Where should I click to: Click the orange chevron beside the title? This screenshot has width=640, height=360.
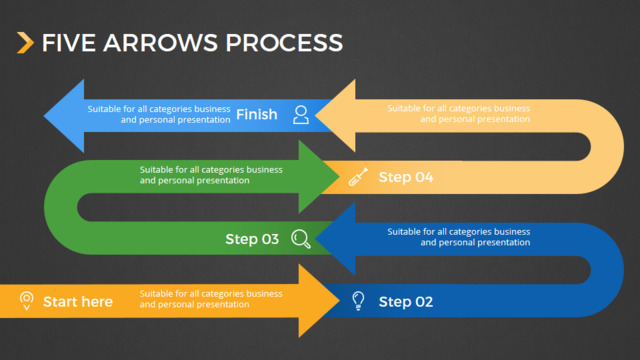click(25, 43)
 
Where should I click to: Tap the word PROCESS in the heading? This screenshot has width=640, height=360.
click(284, 43)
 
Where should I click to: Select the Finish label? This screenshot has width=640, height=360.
click(257, 114)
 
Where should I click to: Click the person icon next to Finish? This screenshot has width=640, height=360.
click(301, 115)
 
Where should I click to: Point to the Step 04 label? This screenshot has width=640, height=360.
click(406, 177)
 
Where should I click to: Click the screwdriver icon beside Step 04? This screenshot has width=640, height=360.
click(358, 177)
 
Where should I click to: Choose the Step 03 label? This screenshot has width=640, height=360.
click(252, 239)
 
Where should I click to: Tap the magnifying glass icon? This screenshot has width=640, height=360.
click(301, 239)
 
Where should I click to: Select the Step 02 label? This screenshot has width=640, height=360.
click(406, 302)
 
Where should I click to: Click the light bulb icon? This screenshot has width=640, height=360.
click(358, 301)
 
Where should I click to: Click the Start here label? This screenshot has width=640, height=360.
click(78, 302)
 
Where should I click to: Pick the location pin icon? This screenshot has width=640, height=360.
click(27, 301)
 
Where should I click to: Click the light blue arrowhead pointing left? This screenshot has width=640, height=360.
click(65, 116)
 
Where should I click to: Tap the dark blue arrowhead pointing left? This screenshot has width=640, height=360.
click(337, 239)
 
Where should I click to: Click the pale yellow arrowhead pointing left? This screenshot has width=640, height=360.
click(337, 116)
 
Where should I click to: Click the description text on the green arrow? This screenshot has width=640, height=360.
click(211, 175)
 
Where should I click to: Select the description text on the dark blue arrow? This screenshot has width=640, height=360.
click(459, 237)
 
